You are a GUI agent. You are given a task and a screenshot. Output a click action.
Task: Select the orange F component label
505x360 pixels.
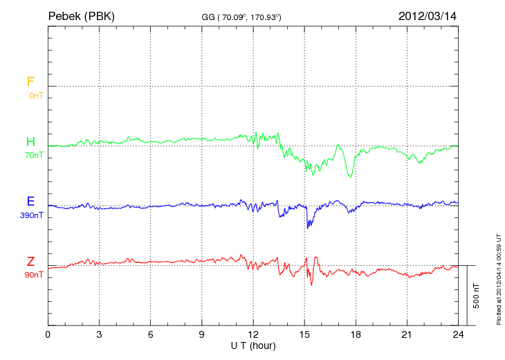(x=30, y=82)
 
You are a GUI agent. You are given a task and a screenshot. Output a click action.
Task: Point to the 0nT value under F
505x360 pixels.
(x=36, y=95)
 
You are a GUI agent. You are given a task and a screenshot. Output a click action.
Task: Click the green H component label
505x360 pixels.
(x=30, y=142)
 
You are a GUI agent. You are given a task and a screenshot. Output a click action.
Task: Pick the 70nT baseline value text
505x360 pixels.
(x=33, y=155)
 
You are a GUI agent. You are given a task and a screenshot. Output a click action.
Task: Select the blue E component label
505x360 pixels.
(x=30, y=201)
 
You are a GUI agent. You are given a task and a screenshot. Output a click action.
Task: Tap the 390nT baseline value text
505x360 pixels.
(x=31, y=215)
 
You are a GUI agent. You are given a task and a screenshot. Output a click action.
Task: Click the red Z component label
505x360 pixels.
(x=30, y=262)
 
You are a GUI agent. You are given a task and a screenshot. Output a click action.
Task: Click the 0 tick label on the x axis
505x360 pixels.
(x=48, y=335)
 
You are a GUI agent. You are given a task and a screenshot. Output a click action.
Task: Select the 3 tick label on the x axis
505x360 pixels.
(x=99, y=335)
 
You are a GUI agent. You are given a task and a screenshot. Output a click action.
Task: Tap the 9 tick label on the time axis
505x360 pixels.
(x=202, y=335)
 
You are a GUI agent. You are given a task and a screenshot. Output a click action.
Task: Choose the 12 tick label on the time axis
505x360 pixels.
(x=253, y=335)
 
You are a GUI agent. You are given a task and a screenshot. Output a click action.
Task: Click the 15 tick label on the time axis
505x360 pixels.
(x=304, y=335)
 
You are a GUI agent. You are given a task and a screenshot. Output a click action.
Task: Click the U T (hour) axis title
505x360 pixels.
(x=253, y=345)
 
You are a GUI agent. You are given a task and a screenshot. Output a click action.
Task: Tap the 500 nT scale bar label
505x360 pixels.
(x=477, y=296)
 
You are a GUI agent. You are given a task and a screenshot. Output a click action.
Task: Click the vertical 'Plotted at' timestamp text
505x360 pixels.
(x=498, y=277)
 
